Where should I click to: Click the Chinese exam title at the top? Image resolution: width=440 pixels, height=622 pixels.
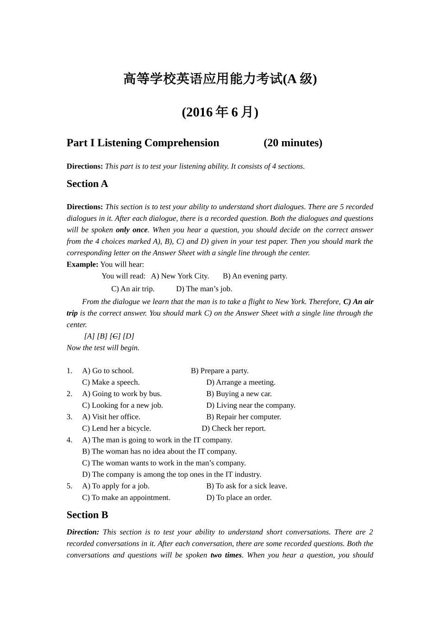(220, 79)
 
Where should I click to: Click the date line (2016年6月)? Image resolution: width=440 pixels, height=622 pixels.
(220, 112)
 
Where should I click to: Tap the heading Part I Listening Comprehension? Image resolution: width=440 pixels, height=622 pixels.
(143, 143)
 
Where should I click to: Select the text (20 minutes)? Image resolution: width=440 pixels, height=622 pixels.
(293, 143)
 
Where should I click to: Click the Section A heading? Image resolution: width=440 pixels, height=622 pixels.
(87, 184)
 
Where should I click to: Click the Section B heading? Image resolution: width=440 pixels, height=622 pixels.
(87, 515)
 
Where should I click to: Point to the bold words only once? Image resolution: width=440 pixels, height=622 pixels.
(132, 230)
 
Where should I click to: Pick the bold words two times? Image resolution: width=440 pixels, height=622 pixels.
(226, 555)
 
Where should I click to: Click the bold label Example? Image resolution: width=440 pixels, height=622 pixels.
(82, 264)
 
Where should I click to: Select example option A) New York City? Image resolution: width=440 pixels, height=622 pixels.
(180, 276)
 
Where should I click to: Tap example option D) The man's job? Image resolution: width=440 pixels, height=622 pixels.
(204, 289)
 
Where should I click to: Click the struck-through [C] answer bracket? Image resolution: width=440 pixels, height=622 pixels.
(115, 336)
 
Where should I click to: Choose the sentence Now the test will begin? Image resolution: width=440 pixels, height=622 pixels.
(103, 348)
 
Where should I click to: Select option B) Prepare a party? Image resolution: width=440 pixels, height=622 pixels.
(220, 371)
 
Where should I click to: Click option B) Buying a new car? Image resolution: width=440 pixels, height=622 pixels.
(239, 394)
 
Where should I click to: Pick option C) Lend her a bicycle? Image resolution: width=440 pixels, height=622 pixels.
(117, 429)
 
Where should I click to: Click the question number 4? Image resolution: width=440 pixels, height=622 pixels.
(69, 440)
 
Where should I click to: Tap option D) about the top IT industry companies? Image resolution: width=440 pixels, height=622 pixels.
(171, 474)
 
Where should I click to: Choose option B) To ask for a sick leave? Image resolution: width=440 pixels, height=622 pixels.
(246, 486)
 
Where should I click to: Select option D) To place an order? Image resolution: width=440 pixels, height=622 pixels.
(239, 498)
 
